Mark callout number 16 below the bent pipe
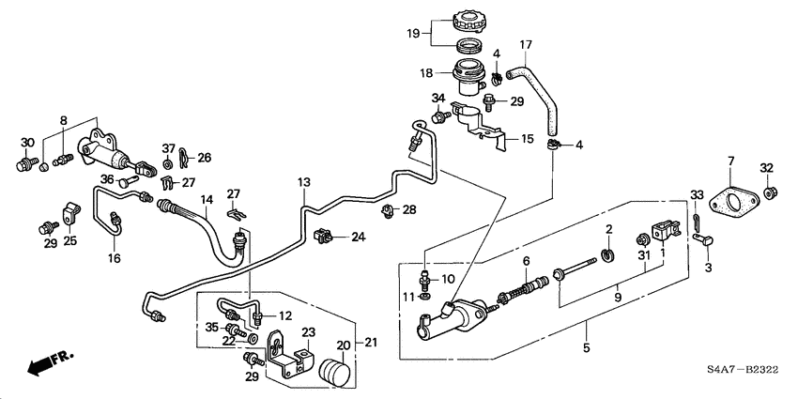pyautogui.click(x=114, y=256)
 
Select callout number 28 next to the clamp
pyautogui.click(x=408, y=208)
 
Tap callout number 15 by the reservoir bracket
pyautogui.click(x=527, y=139)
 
